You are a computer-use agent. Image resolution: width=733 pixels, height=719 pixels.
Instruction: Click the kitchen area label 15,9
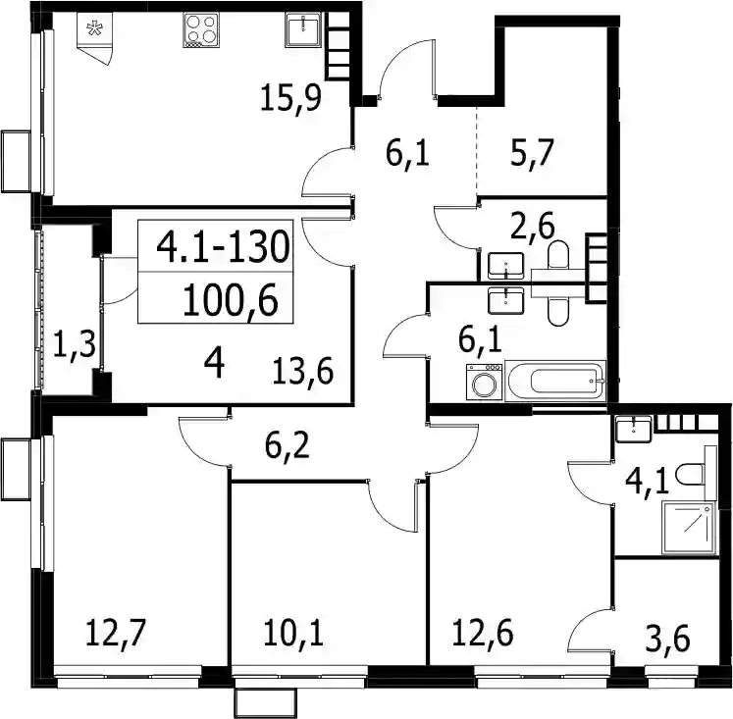coord(290,97)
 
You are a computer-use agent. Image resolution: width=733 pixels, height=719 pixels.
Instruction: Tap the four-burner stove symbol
coord(201,30)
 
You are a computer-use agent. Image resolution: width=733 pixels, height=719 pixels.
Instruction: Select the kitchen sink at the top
coord(303,30)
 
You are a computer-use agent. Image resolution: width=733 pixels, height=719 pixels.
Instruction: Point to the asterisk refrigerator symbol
coord(94,29)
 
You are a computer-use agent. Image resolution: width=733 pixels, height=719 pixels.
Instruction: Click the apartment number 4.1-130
coord(223,246)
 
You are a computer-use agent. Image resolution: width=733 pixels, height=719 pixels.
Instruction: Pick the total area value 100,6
coord(231,300)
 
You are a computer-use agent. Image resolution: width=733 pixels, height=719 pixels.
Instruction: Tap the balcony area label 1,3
coord(74,344)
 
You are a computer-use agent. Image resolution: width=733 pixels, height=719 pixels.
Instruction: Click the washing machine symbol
coord(485,383)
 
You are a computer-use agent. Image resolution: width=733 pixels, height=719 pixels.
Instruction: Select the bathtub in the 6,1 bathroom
coord(555,381)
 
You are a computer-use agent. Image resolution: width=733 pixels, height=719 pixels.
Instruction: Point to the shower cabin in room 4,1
coord(689,529)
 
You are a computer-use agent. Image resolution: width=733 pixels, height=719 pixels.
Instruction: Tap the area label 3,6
coord(667,640)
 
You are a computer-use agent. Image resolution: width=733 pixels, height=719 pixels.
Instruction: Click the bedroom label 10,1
coord(292,633)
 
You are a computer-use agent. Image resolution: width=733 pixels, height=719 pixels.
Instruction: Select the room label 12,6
coord(483,633)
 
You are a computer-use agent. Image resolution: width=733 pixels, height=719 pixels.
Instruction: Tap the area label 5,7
coord(533,153)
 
